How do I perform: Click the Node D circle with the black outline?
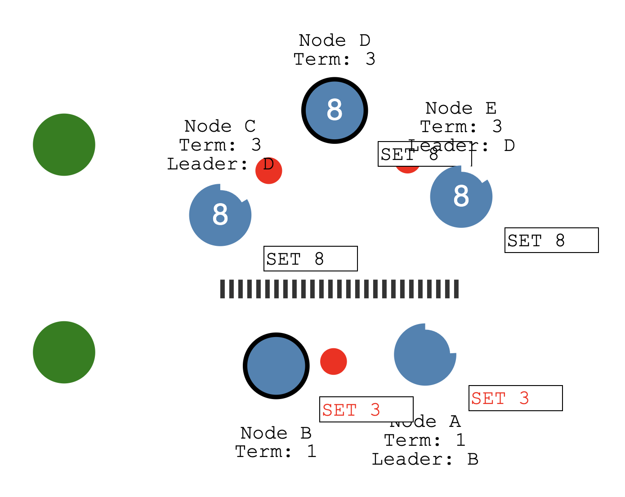[335, 111]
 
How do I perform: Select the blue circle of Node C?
[220, 215]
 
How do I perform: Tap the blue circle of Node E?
[461, 197]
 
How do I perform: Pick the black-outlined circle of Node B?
[276, 366]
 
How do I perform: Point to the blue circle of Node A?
[425, 355]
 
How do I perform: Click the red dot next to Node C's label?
[269, 171]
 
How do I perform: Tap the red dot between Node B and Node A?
[334, 361]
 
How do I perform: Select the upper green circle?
[64, 145]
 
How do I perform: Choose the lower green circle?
[64, 352]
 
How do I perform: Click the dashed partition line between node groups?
[339, 289]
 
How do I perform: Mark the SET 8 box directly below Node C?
[311, 259]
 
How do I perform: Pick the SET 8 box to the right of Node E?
[552, 240]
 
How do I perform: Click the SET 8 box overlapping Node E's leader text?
[424, 154]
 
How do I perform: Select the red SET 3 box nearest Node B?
[366, 409]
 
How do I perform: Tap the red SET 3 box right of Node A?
[516, 398]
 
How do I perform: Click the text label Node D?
[335, 40]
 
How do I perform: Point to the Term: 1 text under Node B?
[276, 452]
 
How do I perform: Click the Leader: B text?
[425, 459]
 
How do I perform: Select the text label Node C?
[220, 126]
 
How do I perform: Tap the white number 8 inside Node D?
[335, 110]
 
